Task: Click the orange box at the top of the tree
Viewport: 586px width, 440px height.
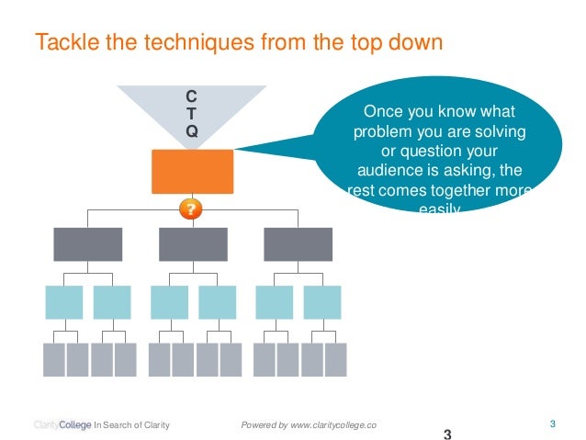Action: pos(191,171)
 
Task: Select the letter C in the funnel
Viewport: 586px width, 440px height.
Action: pos(190,96)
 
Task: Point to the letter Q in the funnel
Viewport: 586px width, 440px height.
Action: pos(190,131)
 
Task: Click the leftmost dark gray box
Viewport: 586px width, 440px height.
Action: pos(87,244)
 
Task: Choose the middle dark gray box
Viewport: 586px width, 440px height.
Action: pos(193,244)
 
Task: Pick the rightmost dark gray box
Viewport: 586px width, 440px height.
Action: pos(298,244)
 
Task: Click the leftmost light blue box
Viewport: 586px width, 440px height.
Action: pos(63,302)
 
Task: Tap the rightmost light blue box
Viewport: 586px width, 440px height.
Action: pos(322,302)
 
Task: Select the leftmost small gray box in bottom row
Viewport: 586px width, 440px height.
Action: pos(53,360)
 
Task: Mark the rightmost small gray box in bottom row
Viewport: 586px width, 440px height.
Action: pos(336,360)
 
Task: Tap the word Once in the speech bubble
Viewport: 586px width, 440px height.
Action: pos(385,112)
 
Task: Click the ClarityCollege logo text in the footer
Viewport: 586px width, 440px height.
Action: pos(62,424)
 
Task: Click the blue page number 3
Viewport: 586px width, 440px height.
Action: pos(552,423)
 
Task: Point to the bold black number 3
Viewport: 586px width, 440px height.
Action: pos(447,434)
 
